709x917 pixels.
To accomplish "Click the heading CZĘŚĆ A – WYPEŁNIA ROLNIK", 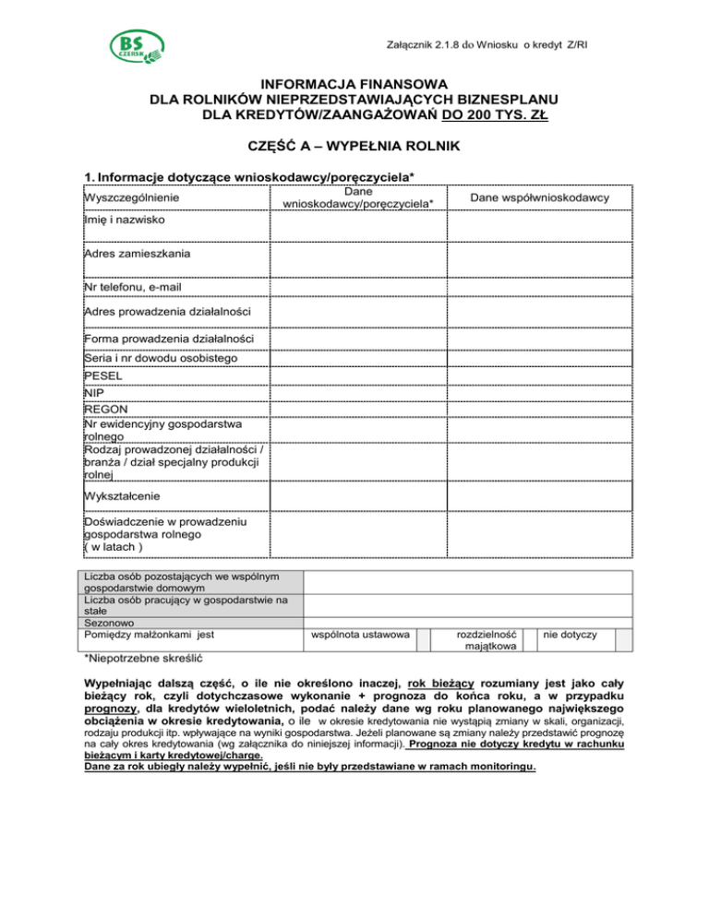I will point(354,146).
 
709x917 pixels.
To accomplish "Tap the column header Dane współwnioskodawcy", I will point(539,197).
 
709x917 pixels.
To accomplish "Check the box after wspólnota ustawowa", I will point(422,637).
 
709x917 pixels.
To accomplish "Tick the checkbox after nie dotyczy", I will point(623,637).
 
